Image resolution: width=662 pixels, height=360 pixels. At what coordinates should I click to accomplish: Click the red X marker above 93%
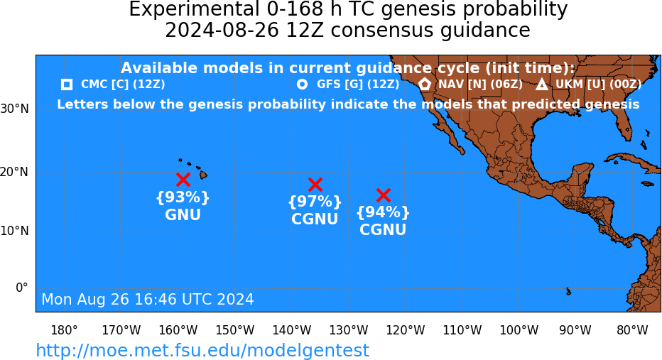(183, 180)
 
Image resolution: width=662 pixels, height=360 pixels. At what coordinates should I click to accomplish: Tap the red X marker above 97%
(315, 185)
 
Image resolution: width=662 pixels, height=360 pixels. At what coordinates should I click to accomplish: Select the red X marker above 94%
(383, 195)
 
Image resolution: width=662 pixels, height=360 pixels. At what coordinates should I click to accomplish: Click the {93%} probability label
(183, 197)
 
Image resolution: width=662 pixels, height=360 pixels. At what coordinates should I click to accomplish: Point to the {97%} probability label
(315, 202)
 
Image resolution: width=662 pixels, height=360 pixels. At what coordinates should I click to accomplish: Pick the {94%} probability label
(383, 212)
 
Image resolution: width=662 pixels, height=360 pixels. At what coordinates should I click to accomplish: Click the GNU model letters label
(183, 215)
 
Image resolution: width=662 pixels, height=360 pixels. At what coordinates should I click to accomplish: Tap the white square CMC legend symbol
(66, 84)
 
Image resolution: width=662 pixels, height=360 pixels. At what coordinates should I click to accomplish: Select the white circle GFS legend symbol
(302, 84)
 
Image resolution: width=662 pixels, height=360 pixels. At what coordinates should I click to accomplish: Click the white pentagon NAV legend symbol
(425, 84)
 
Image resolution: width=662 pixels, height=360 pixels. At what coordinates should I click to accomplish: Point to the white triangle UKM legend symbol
(542, 84)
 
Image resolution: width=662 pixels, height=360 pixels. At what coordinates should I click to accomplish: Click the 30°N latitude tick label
(14, 109)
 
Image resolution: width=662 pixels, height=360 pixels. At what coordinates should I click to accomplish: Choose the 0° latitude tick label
(22, 288)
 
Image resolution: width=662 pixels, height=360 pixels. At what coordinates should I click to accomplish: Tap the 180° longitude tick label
(64, 330)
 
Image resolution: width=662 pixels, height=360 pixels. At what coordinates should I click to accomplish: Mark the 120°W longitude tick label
(406, 330)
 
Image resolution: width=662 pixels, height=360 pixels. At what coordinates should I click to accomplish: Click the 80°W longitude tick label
(632, 330)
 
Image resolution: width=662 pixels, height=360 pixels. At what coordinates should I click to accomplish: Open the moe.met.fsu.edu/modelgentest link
(202, 350)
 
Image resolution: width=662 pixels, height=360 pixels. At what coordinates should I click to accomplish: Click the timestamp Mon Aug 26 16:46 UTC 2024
(148, 299)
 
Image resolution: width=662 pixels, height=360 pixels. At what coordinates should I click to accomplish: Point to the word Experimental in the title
(193, 10)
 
